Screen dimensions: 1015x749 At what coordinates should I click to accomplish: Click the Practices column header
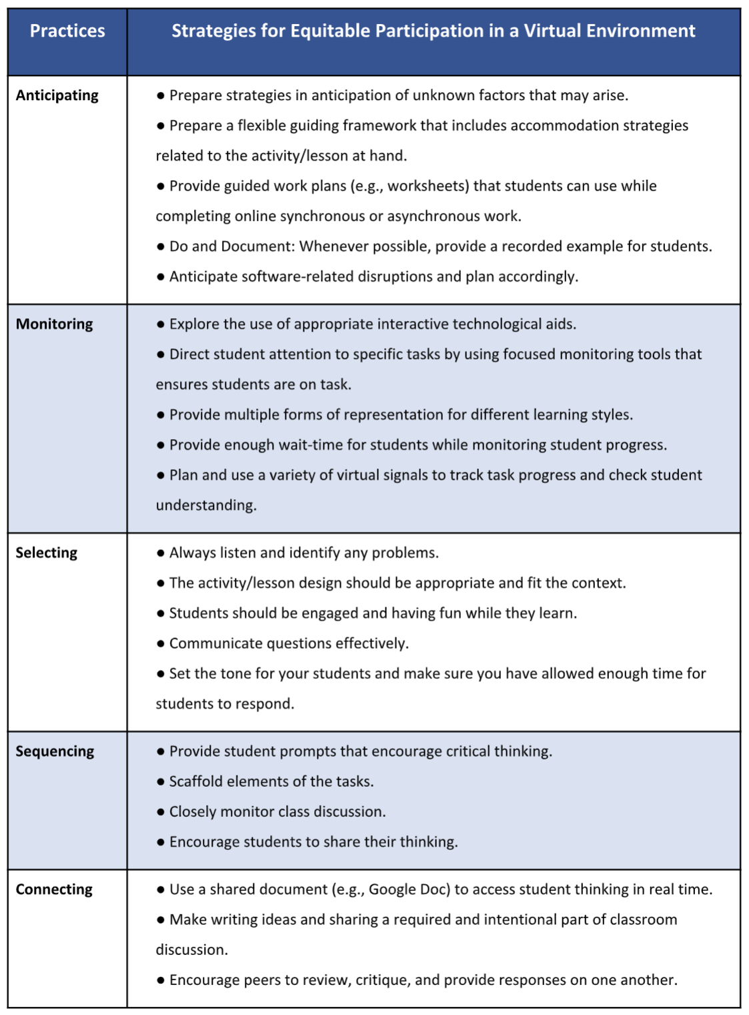67,31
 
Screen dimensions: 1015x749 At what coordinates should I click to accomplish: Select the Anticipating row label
57,95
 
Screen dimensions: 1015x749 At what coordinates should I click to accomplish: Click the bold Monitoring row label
55,324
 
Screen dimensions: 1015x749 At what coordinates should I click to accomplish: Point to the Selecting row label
47,553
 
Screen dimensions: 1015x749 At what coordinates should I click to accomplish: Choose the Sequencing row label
55,751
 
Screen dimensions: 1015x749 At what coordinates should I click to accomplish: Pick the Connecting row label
55,890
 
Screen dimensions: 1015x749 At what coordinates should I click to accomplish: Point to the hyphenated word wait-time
311,445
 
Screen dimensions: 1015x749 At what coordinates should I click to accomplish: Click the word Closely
193,812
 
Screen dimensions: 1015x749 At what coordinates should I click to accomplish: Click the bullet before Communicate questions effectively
161,644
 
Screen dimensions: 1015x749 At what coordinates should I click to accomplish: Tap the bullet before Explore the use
161,325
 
